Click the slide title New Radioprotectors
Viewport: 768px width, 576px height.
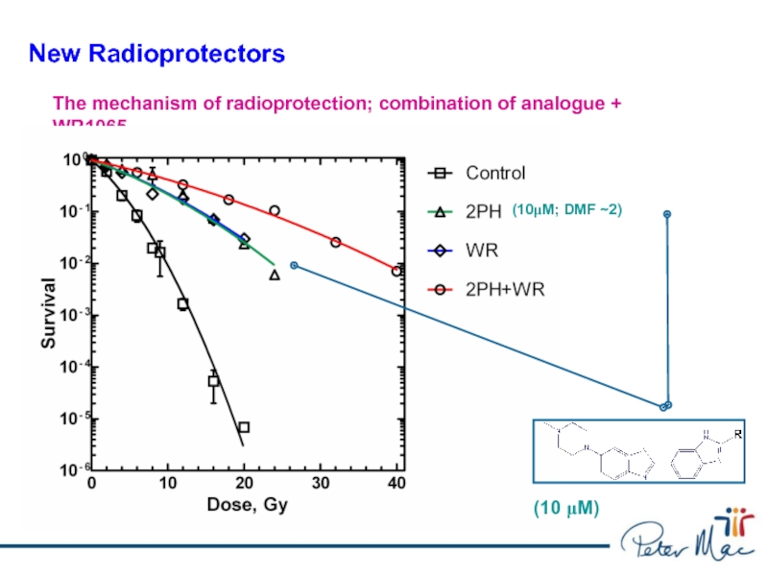156,54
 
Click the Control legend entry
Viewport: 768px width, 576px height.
495,174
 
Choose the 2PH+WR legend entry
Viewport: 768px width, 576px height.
504,289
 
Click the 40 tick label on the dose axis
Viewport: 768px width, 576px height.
396,483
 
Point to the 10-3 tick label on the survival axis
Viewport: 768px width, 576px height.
67,315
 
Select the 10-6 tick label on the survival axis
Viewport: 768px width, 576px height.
67,469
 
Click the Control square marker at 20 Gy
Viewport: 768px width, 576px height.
244,427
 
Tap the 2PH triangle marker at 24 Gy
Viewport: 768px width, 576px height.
275,276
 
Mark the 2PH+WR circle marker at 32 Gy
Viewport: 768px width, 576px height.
336,242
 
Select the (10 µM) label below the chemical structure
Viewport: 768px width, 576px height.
565,510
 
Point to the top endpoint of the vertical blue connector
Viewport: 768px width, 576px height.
666,214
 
